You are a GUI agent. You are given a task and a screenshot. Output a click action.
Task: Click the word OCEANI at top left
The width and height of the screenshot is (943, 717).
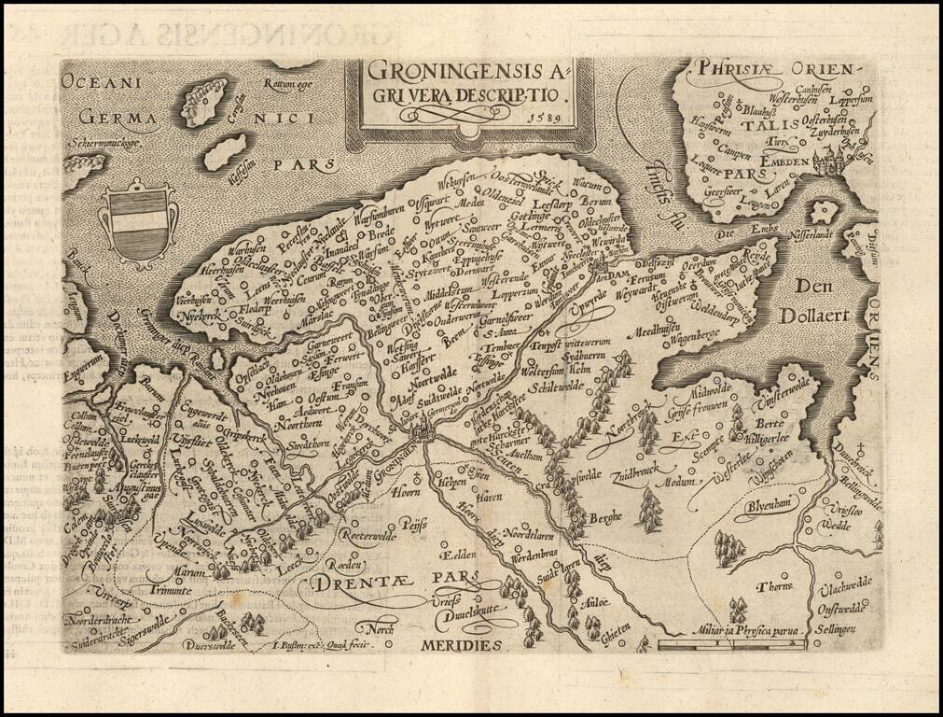pyautogui.click(x=97, y=82)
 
